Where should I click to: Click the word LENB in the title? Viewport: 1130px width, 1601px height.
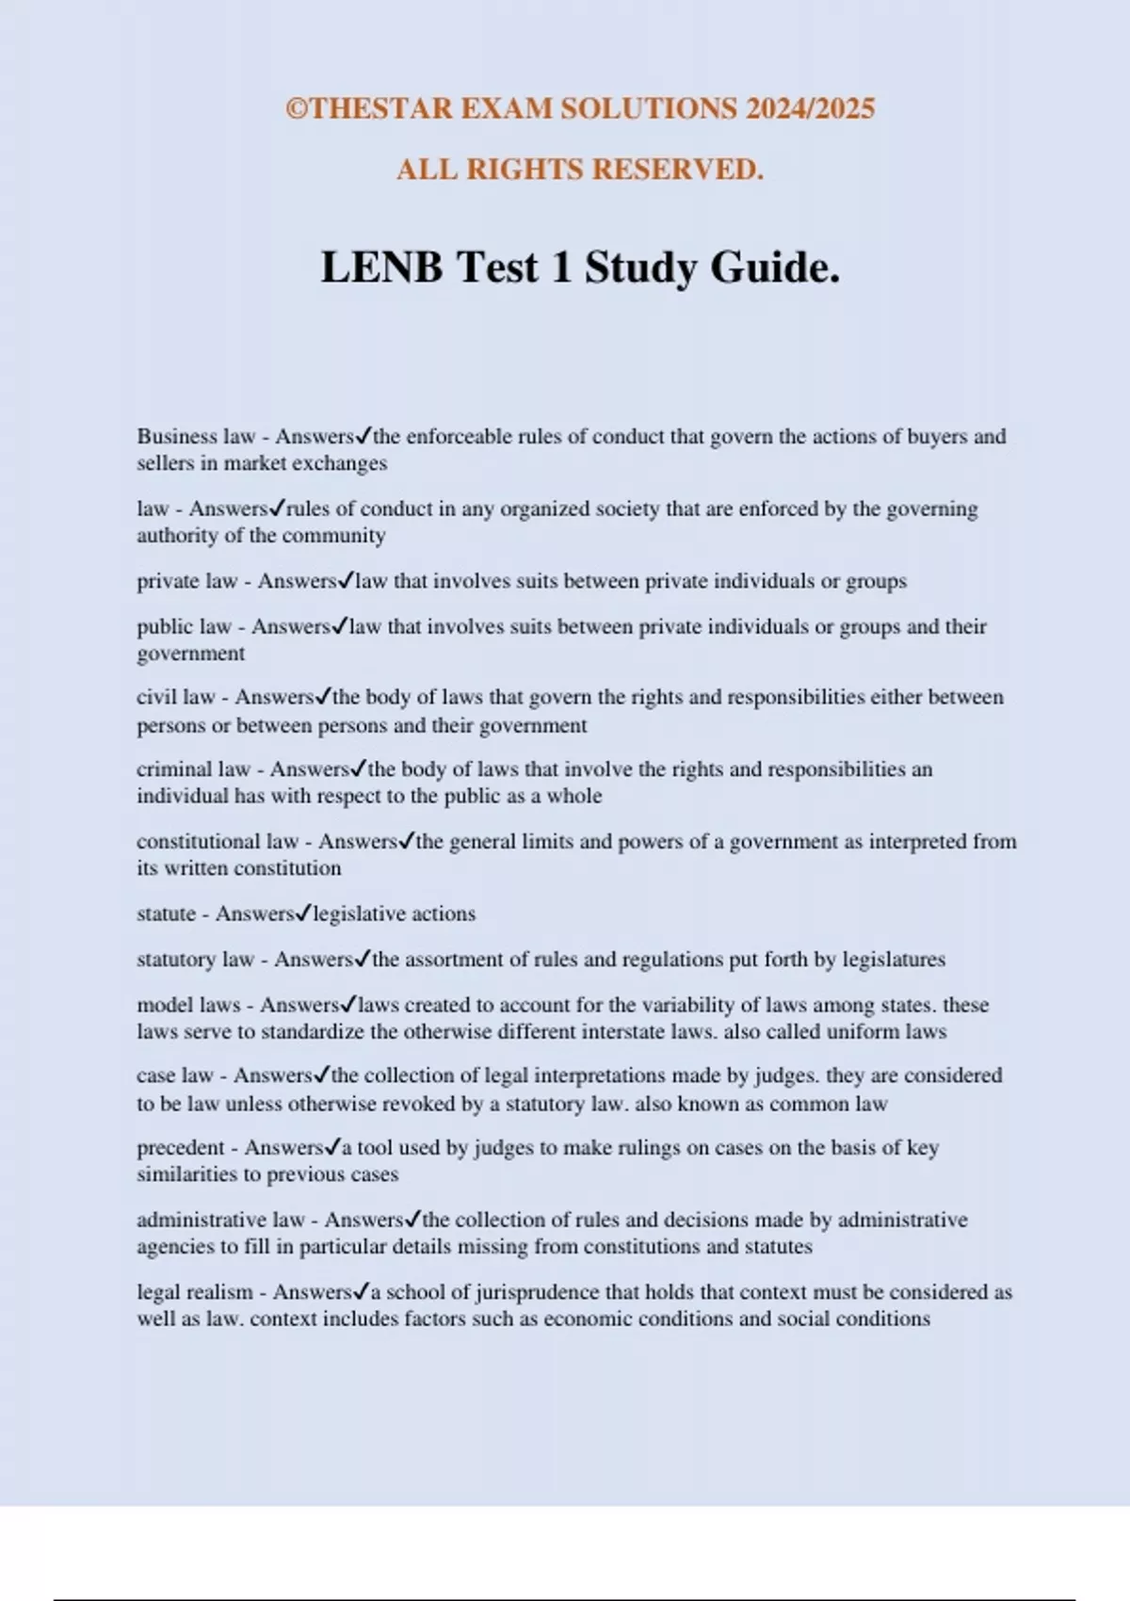[381, 268]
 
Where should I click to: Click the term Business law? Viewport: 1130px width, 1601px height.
[196, 437]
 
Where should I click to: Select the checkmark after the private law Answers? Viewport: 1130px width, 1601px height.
[347, 580]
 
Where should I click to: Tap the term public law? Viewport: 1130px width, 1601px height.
[184, 627]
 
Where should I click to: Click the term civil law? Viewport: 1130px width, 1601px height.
[176, 698]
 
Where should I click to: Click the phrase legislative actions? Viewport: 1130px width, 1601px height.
[395, 914]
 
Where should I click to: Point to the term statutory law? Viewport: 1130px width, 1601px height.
[195, 960]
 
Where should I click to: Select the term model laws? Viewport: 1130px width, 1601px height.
[188, 1005]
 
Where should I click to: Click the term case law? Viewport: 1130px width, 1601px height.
[175, 1075]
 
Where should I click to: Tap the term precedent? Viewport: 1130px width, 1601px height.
[181, 1148]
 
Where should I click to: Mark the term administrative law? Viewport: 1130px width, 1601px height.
[220, 1221]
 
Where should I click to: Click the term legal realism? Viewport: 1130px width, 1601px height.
[195, 1292]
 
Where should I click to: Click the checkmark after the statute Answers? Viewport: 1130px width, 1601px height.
[303, 914]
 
